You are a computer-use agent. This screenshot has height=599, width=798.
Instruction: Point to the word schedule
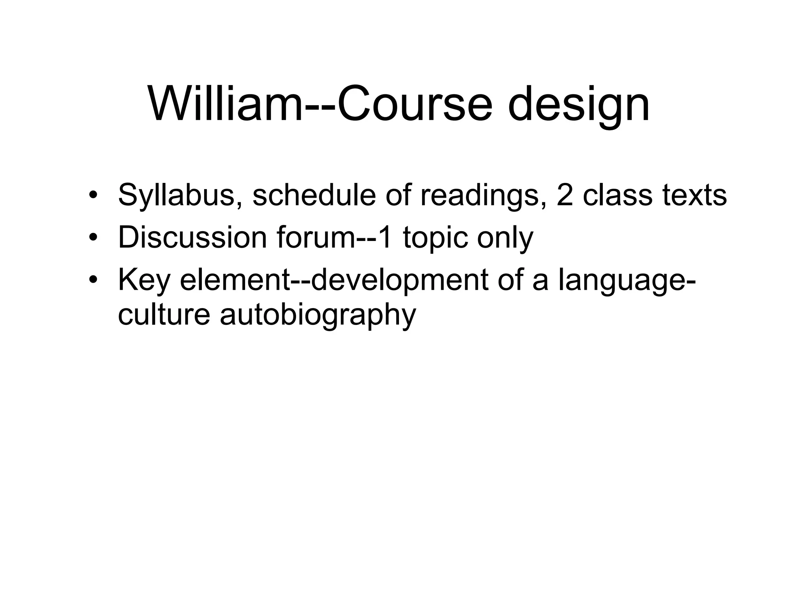coord(314,195)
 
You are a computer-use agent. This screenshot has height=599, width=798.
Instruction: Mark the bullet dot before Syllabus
coord(92,195)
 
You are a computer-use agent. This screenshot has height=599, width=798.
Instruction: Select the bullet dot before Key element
coord(92,280)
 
